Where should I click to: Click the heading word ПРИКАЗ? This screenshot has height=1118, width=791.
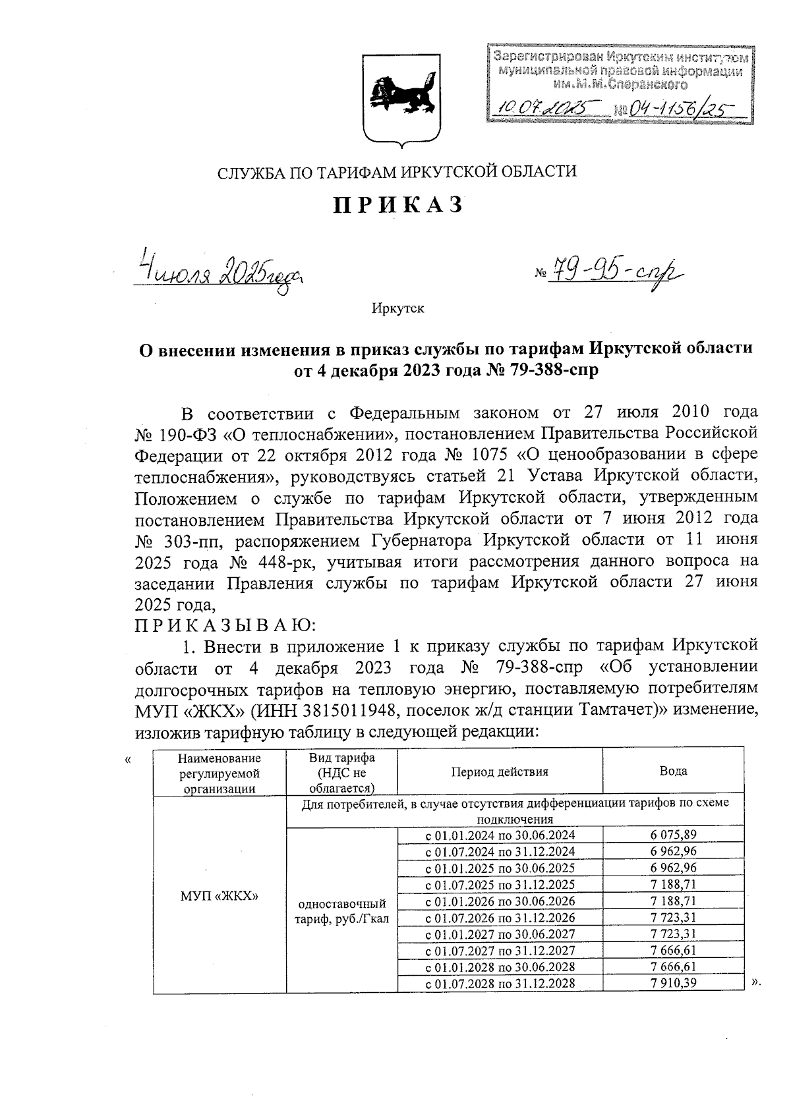(397, 205)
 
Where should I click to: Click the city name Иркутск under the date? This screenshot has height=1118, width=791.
(397, 308)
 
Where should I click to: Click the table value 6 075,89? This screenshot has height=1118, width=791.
(673, 835)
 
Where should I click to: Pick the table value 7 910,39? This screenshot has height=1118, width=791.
(673, 984)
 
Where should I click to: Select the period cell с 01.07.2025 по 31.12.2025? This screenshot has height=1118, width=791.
(500, 884)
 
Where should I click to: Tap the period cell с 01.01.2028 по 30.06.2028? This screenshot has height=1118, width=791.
(500, 967)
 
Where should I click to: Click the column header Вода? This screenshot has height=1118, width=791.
(673, 771)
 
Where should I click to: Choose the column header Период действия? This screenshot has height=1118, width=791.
(500, 771)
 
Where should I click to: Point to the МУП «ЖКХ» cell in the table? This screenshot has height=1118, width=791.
(219, 896)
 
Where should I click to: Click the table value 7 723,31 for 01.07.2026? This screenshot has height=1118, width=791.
(673, 917)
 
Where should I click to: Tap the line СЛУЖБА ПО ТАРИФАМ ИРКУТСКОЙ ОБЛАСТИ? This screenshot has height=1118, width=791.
(397, 172)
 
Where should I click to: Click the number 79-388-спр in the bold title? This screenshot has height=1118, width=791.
(552, 370)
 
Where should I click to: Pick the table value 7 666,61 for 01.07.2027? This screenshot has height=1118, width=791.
(673, 950)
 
